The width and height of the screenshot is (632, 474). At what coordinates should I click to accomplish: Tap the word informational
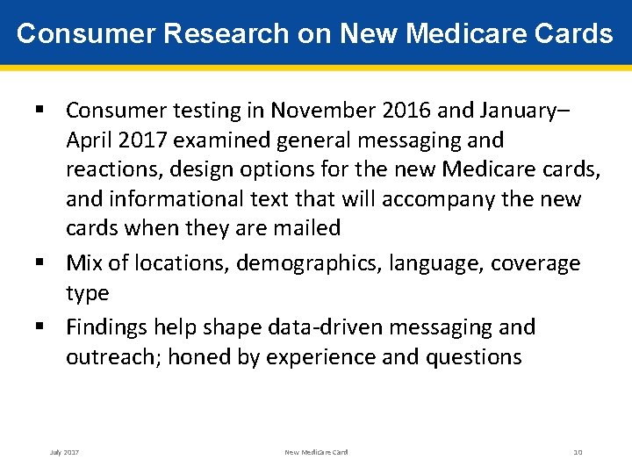coord(184,199)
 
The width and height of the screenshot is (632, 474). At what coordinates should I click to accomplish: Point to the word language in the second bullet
coord(442,263)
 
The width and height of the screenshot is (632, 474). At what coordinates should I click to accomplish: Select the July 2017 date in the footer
coord(64,452)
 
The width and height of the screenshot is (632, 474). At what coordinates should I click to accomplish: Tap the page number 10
coord(578,452)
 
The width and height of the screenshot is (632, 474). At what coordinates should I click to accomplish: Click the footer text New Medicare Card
coord(316,452)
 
